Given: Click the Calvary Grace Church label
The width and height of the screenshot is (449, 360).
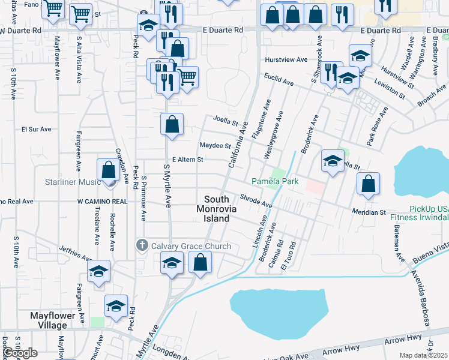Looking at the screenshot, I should click(x=191, y=246).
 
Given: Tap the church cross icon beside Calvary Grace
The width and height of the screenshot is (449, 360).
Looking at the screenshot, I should click(x=142, y=245).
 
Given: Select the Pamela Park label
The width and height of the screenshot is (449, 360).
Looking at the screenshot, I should click(x=275, y=181).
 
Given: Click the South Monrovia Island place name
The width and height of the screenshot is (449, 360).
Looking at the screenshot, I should click(x=216, y=209).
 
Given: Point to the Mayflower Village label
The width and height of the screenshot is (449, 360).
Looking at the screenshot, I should click(x=58, y=320).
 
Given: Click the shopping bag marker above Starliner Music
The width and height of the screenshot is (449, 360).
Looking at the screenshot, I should click(x=109, y=170).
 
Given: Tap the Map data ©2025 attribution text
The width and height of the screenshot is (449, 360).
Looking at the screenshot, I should click(x=424, y=355).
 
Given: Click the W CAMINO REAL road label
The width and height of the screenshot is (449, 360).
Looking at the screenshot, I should click(x=102, y=202).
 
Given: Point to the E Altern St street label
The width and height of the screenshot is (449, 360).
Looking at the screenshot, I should click(x=188, y=160).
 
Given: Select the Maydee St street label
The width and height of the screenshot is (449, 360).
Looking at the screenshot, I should click(x=215, y=146).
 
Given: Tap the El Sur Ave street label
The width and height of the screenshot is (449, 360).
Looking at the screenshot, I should click(x=37, y=128).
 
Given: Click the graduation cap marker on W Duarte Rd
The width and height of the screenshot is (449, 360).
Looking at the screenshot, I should click(x=148, y=25).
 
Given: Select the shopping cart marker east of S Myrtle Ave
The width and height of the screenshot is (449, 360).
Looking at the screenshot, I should click(x=187, y=77).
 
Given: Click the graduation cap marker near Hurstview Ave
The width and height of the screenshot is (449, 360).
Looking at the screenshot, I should click(x=360, y=56).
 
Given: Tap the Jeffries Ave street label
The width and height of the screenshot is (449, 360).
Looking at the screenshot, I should click(x=74, y=254).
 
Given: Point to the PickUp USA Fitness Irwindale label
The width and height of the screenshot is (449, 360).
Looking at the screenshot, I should click(x=420, y=213).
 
